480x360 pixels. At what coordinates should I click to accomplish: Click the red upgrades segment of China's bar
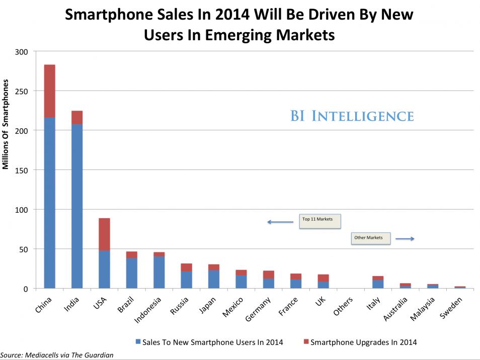[49, 91]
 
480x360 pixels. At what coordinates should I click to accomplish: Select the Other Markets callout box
[370, 238]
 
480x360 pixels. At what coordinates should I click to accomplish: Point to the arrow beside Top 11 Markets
[280, 222]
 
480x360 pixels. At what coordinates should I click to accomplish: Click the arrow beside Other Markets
[405, 239]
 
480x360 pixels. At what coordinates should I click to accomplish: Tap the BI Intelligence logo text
[352, 117]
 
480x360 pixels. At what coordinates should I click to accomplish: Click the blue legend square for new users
[138, 342]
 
